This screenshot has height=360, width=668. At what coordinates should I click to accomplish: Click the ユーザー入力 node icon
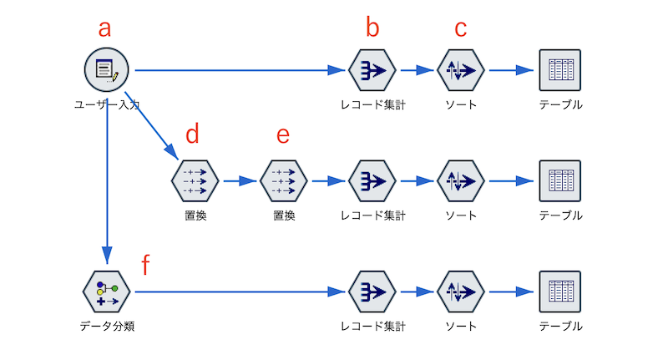[107, 70]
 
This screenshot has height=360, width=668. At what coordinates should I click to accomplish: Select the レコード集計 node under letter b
[372, 70]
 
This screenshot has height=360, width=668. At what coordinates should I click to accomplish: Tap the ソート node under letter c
[461, 70]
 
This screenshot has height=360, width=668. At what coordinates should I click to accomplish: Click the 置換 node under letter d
[195, 180]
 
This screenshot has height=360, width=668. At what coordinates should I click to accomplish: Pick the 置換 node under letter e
[284, 180]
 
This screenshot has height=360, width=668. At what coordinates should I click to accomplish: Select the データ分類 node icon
[107, 292]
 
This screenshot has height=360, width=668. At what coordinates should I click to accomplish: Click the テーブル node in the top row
[559, 70]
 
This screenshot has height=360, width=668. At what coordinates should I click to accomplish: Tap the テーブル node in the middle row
[559, 180]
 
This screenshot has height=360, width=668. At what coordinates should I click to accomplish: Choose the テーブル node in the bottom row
[559, 292]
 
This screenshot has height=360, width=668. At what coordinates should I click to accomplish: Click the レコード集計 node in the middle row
[372, 180]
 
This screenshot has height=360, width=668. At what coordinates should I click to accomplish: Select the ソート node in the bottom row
[461, 292]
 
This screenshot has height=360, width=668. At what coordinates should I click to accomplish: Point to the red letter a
[104, 28]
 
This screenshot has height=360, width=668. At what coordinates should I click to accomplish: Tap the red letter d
[193, 134]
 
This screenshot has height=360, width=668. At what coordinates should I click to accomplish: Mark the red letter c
[461, 28]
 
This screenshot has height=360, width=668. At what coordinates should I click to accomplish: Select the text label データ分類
[107, 326]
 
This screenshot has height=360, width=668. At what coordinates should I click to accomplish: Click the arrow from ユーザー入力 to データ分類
[107, 184]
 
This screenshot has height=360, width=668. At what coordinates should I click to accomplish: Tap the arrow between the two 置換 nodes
[239, 180]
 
